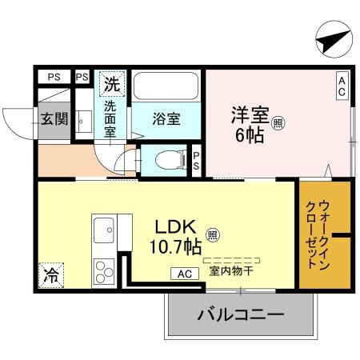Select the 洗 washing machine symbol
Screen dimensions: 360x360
pyautogui.click(x=111, y=82)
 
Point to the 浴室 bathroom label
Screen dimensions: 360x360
pyautogui.click(x=166, y=119)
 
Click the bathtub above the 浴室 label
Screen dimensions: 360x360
pyautogui.click(x=166, y=86)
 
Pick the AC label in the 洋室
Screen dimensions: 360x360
pyautogui.click(x=342, y=85)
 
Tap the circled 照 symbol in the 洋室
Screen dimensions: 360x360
pyautogui.click(x=278, y=123)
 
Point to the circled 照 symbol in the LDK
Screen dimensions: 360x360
pyautogui.click(x=212, y=235)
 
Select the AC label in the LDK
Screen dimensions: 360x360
pyautogui.click(x=184, y=274)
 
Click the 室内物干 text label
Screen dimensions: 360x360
pyautogui.click(x=231, y=271)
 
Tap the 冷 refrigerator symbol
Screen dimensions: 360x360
pyautogui.click(x=50, y=276)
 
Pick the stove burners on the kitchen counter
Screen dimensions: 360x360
pyautogui.click(x=104, y=270)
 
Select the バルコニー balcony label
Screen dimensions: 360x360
pyautogui.click(x=240, y=315)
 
